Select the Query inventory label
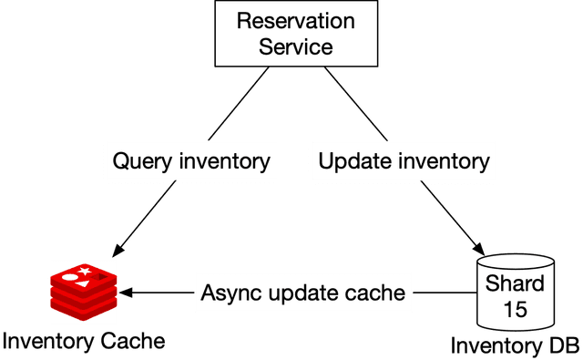(191, 162)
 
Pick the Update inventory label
(404, 162)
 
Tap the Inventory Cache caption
(84, 342)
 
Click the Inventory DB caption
(515, 346)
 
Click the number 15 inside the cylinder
(516, 309)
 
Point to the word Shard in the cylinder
(516, 283)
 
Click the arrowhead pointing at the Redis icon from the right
(127, 293)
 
